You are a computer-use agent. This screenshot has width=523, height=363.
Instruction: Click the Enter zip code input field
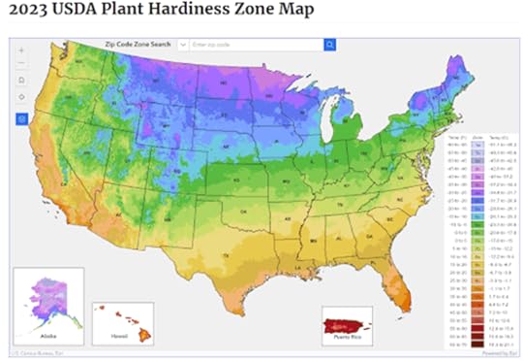256,45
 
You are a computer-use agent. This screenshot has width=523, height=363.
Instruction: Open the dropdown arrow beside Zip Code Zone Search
183,45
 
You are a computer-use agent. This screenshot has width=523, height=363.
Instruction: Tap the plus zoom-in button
22,48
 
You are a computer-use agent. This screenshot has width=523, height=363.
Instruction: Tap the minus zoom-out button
22,63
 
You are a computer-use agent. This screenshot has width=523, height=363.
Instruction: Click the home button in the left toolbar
22,82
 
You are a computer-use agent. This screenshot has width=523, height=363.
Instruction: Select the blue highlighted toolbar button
22,118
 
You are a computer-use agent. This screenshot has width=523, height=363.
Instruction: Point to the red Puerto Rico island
347,324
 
